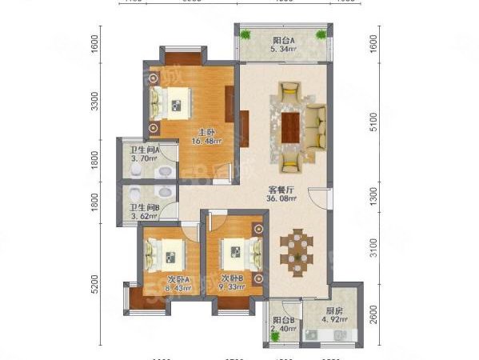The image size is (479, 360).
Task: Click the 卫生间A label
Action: click(x=145, y=150)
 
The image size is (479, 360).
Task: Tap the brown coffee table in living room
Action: click(x=290, y=124)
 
